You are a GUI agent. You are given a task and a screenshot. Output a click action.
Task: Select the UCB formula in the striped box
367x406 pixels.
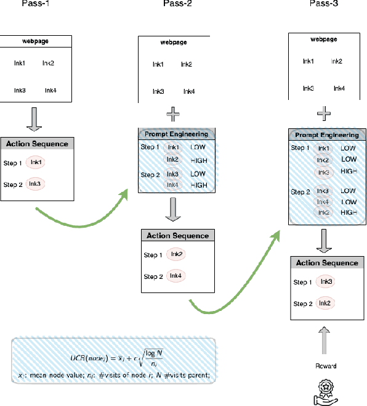[x=114, y=359]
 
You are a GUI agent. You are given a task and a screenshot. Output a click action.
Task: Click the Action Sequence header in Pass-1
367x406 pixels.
[x=38, y=144]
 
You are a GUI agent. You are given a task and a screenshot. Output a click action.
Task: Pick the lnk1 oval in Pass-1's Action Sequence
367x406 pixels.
[x=36, y=162]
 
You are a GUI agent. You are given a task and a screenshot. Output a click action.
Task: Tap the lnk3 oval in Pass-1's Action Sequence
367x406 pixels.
[x=36, y=184]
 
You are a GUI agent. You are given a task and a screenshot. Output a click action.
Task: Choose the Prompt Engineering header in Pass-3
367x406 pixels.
[x=327, y=135]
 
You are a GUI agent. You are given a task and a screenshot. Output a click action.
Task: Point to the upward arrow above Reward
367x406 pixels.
[x=327, y=344]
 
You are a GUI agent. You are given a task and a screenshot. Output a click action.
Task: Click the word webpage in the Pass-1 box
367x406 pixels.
[x=38, y=41]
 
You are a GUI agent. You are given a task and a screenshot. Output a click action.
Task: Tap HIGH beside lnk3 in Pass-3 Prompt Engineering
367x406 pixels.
[x=349, y=171]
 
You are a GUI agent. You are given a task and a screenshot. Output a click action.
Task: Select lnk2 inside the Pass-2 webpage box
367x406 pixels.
[x=187, y=65]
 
